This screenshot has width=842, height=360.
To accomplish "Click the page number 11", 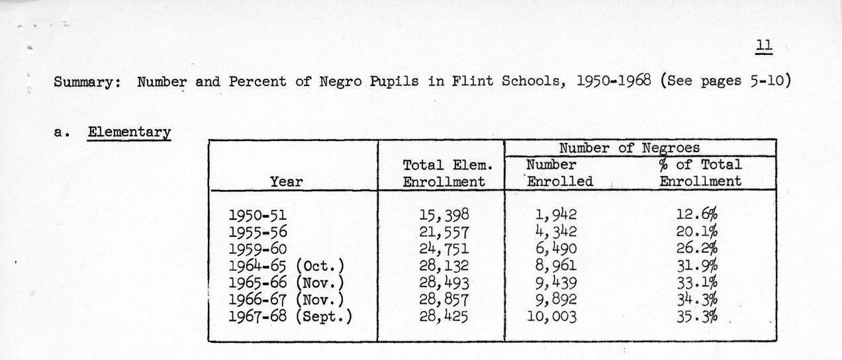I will pos(764,46).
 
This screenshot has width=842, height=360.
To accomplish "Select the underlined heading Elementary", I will pos(129,132).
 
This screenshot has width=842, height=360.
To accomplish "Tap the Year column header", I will pos(287,181).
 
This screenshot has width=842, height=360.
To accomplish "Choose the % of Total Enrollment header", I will pos(700,173).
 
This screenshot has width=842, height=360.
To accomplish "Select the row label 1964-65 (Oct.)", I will pos(287,266).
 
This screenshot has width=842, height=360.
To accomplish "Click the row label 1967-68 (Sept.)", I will pos(290,316).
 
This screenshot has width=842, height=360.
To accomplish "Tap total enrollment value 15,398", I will pos(444,214).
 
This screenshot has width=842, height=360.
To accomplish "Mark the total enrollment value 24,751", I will pos(444,249).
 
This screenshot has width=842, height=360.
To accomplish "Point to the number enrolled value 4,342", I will pos(553,232).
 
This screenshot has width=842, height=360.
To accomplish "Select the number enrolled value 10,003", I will pos(553,316).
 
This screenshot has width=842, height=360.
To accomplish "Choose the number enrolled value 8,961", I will pos(553,266).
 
